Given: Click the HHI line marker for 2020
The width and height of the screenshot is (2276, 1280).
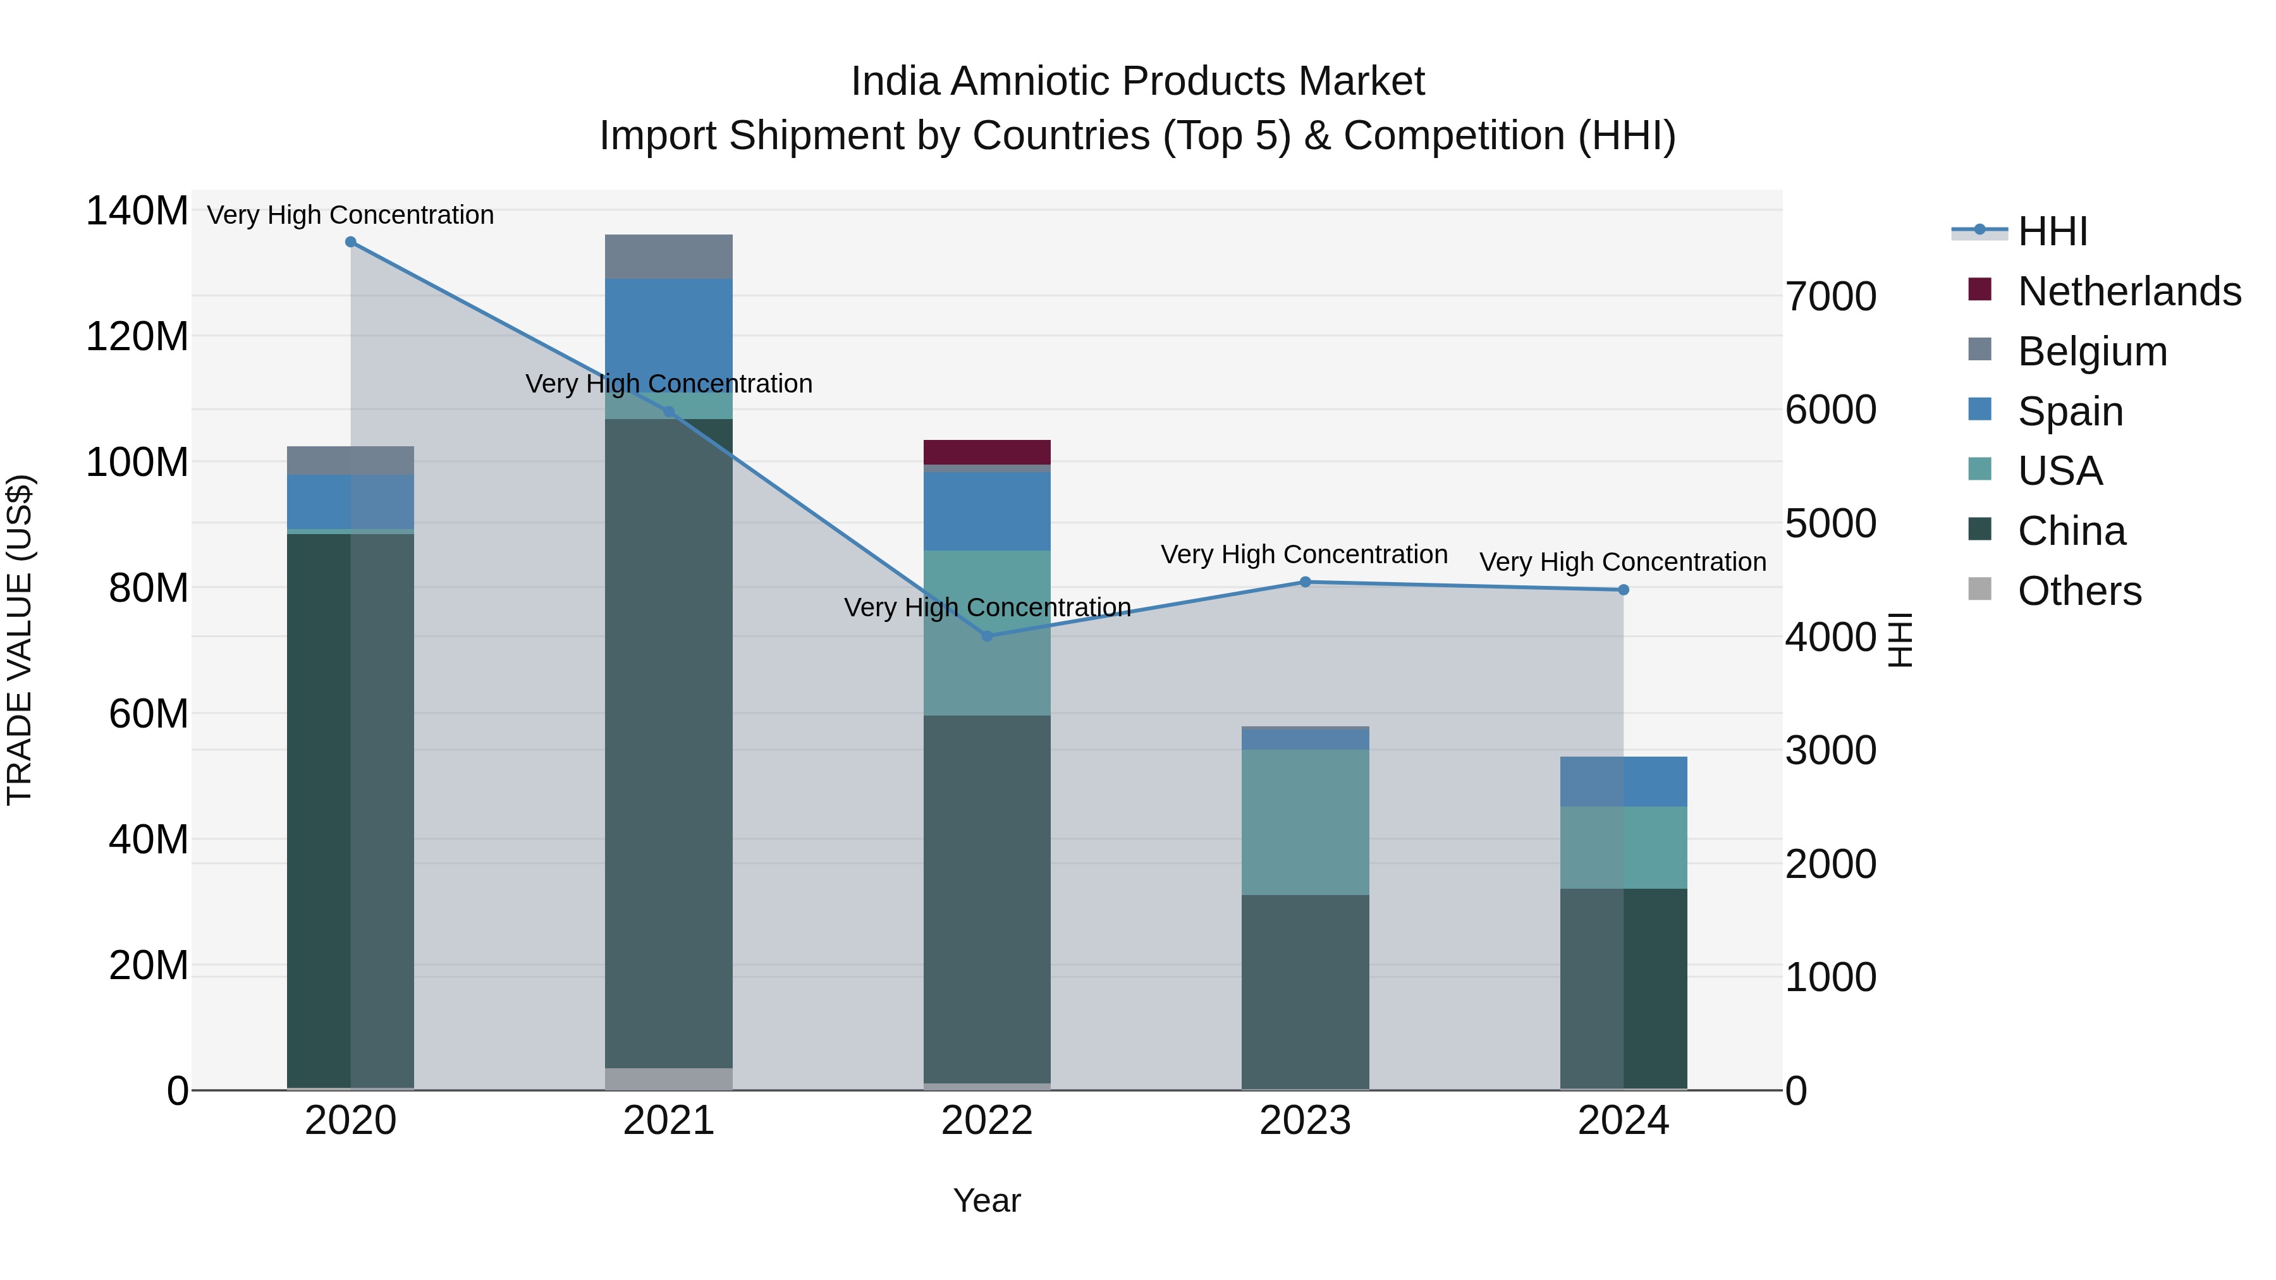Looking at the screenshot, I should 351,242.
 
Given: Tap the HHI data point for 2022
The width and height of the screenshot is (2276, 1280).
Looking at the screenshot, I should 987,636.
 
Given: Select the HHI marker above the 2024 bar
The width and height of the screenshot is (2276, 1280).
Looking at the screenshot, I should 1623,590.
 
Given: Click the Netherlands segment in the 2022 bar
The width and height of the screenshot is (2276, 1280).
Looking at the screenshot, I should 987,453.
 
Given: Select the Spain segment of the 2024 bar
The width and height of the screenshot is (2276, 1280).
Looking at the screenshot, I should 1623,782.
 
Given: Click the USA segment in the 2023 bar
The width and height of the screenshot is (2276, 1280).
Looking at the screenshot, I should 1305,822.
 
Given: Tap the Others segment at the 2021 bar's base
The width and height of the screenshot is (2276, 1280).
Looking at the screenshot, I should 669,1078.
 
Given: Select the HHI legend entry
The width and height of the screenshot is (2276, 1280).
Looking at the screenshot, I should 2052,231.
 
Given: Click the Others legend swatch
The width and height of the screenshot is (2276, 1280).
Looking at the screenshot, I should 1980,589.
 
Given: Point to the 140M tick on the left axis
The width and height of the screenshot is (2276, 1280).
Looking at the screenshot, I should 137,212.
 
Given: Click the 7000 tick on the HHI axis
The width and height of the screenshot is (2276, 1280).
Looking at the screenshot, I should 1831,297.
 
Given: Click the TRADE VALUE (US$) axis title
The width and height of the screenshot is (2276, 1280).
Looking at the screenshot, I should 20,640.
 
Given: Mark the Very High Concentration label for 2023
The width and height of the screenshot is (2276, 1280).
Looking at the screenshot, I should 1304,555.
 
